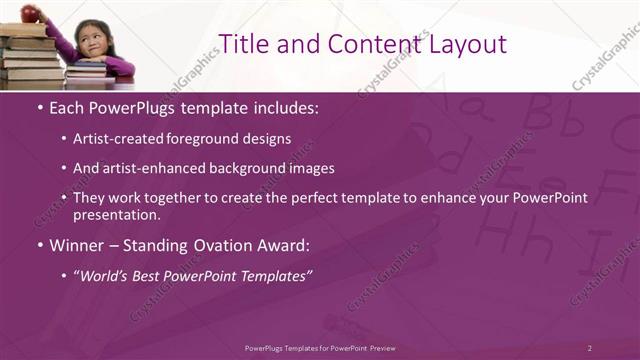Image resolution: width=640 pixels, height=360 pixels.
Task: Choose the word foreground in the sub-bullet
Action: [210, 138]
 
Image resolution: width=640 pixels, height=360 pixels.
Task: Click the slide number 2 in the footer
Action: [589, 347]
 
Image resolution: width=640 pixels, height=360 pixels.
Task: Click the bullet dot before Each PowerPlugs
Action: [39, 106]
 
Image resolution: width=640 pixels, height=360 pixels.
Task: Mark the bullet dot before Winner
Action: [39, 245]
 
